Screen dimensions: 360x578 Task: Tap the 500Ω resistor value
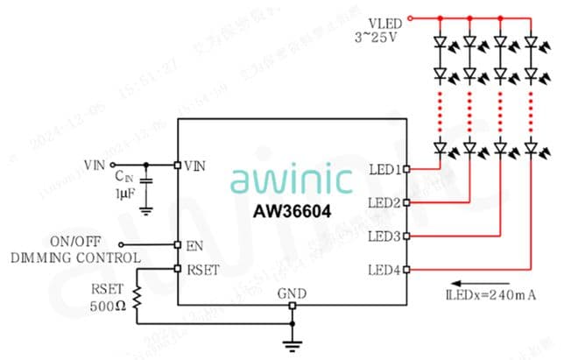[107, 307]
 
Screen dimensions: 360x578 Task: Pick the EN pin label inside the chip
[194, 246]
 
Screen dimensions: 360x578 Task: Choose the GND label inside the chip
[292, 293]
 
